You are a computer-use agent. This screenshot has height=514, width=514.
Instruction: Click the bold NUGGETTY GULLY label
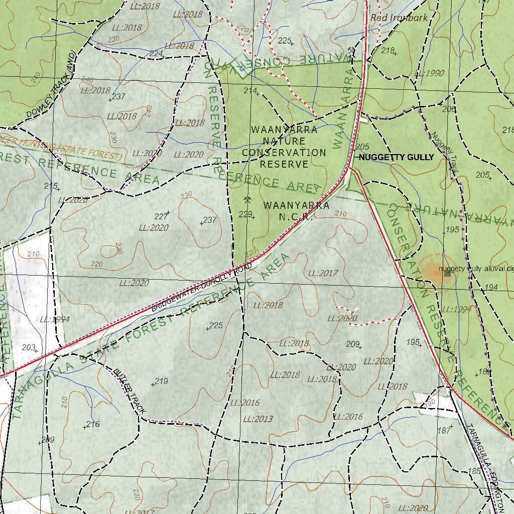click(x=396, y=157)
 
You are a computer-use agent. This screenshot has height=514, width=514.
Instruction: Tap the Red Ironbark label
click(x=399, y=18)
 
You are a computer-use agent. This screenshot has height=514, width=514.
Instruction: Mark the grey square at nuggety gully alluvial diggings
click(x=447, y=274)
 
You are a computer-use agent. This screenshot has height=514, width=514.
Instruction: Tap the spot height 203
click(x=29, y=347)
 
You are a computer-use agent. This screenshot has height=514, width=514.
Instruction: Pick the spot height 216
click(x=93, y=424)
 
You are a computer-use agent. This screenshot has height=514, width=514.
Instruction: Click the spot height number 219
click(x=161, y=381)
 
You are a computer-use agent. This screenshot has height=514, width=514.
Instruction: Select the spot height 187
click(x=444, y=431)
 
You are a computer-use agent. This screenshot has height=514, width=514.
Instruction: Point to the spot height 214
click(x=249, y=90)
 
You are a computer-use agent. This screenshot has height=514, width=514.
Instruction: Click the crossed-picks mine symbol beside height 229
click(x=247, y=200)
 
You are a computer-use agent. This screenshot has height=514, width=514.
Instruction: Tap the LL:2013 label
click(x=258, y=419)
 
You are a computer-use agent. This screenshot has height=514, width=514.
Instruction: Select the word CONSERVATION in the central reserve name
click(x=284, y=153)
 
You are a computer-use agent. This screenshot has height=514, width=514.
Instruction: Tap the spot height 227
click(x=161, y=216)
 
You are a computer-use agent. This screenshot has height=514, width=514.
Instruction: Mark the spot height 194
click(x=491, y=288)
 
